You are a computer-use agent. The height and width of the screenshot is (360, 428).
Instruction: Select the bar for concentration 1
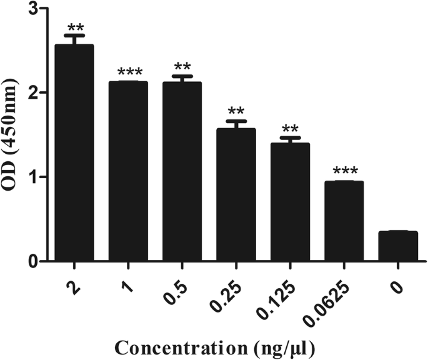[128, 171]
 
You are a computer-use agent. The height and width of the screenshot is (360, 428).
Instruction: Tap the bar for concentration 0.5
[182, 171]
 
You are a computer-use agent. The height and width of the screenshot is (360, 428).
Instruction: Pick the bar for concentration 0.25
[236, 194]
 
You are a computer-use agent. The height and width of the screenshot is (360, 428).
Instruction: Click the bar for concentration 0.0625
[344, 221]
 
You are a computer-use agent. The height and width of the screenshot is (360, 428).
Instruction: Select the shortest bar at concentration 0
[397, 246]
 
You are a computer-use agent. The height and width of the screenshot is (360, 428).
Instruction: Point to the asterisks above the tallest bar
[74, 27]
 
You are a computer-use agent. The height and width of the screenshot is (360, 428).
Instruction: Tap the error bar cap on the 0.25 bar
[236, 121]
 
